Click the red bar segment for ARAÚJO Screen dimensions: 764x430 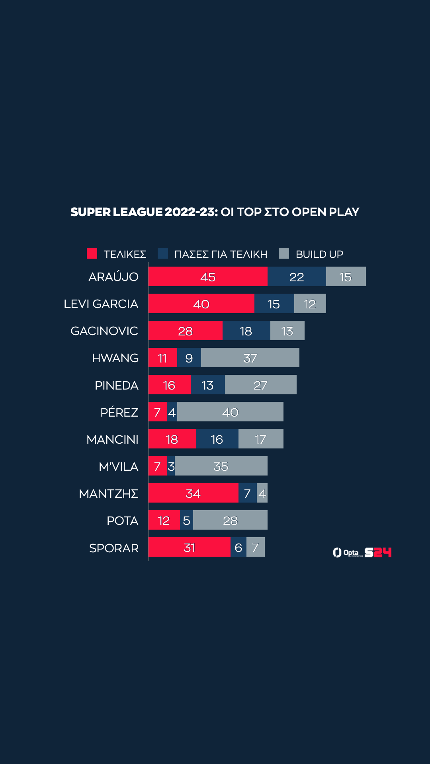(x=208, y=277)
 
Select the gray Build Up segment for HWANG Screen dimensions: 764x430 (x=250, y=358)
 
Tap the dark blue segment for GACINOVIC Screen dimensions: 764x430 (x=246, y=331)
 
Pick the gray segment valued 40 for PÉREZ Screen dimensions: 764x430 (x=230, y=412)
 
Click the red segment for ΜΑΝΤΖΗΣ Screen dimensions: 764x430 (x=193, y=493)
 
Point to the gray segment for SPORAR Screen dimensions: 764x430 (x=256, y=547)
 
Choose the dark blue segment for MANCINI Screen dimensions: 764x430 (x=217, y=439)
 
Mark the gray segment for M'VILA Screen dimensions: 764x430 (x=221, y=466)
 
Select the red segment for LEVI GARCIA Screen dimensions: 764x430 (x=201, y=304)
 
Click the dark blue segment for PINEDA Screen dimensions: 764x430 (x=207, y=385)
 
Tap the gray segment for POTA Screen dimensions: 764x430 (x=230, y=520)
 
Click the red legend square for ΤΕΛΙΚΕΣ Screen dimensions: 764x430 (x=92, y=253)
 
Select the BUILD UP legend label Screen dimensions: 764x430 (x=319, y=254)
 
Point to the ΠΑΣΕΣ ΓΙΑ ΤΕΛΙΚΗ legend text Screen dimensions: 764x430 (x=221, y=254)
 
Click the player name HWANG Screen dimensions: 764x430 (x=115, y=358)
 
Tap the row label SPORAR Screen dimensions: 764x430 (x=114, y=548)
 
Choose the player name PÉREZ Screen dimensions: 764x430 (x=119, y=412)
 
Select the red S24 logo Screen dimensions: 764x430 (x=378, y=552)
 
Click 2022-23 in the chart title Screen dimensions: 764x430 (x=191, y=212)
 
